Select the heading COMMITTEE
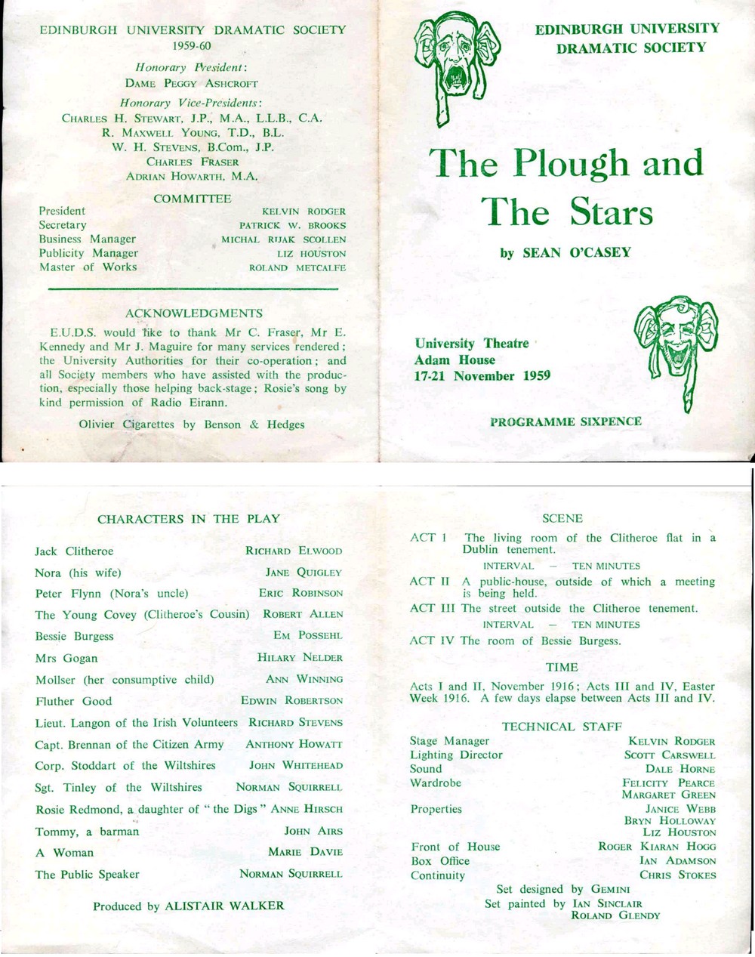tap(193, 199)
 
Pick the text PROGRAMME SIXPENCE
tap(565, 421)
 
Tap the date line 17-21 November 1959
tap(482, 376)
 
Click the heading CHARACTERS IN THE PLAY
tap(188, 519)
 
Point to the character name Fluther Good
tap(73, 701)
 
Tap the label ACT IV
tap(433, 641)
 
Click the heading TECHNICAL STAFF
tap(562, 727)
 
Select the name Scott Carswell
tap(670, 755)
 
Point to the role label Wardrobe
tap(435, 783)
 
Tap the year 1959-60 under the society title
tap(192, 45)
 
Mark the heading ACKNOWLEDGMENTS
tap(194, 313)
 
